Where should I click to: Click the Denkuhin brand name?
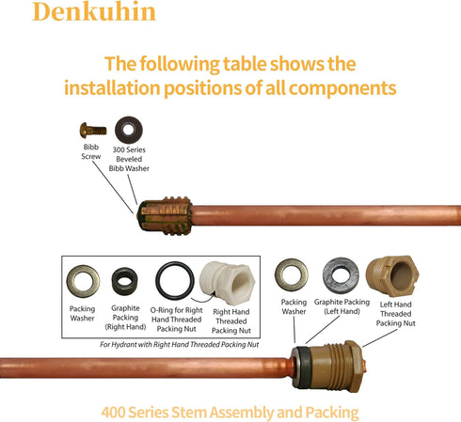(94, 11)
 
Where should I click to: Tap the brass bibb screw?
(93, 131)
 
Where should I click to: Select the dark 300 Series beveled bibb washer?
(129, 130)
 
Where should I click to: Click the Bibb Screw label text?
(91, 151)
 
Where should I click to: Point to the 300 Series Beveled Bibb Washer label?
(129, 159)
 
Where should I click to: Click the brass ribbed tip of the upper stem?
(165, 216)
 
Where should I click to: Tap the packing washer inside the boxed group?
(83, 281)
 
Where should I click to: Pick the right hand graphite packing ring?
(125, 281)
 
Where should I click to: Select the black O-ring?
(175, 280)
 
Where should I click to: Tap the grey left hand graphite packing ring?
(341, 275)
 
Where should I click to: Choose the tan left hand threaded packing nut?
(392, 275)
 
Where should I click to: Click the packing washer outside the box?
(292, 274)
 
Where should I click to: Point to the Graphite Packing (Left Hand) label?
(342, 306)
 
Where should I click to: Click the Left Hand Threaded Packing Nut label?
(396, 314)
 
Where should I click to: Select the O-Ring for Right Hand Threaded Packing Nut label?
(176, 320)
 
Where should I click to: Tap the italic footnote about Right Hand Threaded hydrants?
(180, 345)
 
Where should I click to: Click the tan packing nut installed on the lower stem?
(328, 367)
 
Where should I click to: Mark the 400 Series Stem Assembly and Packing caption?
(230, 413)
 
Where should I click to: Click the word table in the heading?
(245, 64)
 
